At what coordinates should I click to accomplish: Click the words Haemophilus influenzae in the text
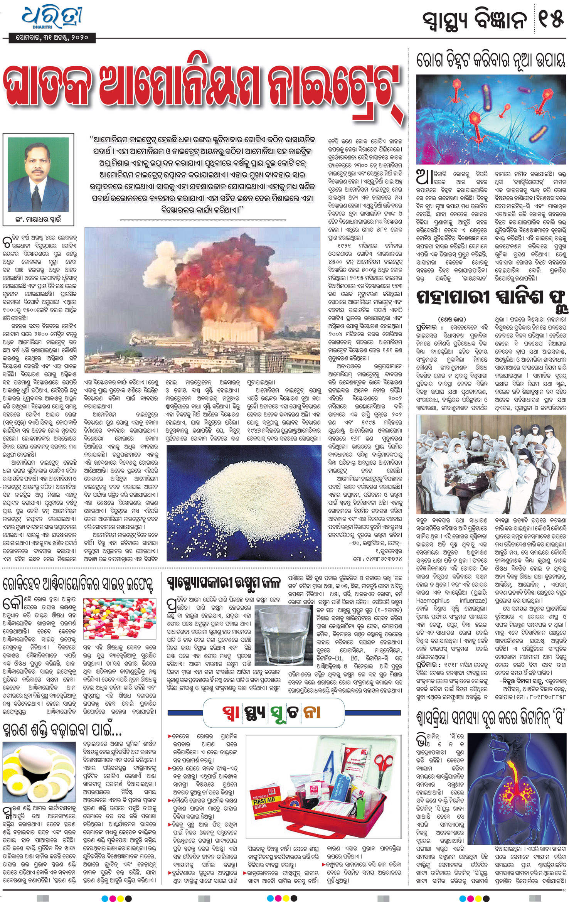451,600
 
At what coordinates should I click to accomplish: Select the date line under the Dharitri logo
52,38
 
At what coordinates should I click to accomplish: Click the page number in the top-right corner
551,19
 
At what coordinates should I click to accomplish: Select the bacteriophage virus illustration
491,119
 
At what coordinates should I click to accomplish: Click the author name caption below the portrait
38,220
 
